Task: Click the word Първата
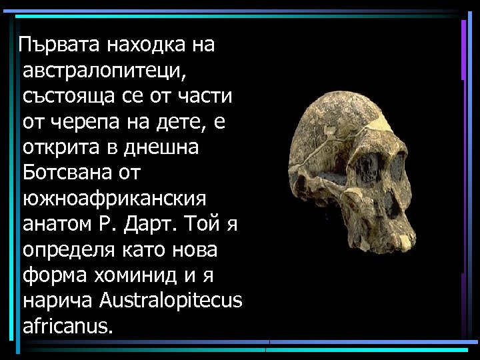pyautogui.click(x=55, y=45)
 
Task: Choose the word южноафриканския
pyautogui.click(x=114, y=198)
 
